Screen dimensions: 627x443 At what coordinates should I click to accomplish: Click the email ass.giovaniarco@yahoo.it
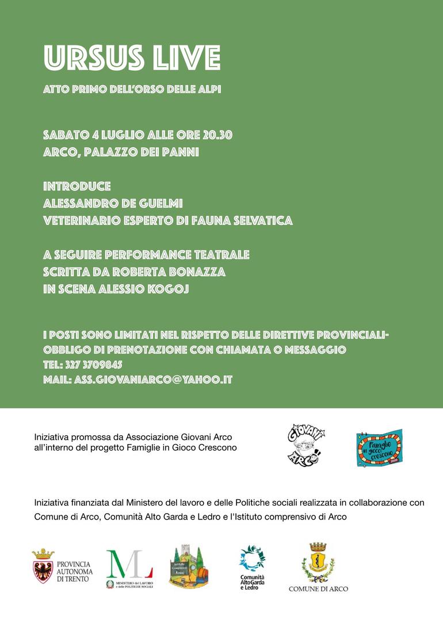pos(153,380)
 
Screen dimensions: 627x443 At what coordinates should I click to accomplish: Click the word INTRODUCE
pos(77,187)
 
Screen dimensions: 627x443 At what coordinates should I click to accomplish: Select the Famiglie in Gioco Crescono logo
pos(379,447)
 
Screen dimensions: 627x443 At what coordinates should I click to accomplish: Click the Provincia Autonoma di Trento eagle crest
pos(43,566)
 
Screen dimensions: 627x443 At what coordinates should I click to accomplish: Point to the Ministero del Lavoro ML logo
pos(129,565)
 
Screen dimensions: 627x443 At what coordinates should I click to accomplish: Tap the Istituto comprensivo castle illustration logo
pos(188,566)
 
